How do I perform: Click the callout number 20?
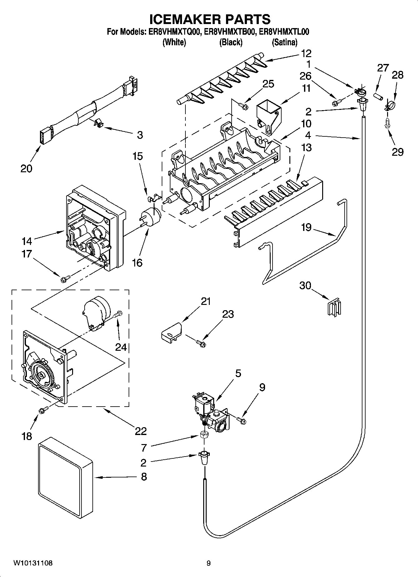click(26, 169)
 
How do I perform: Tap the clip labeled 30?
click(335, 308)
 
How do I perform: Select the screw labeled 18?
click(43, 411)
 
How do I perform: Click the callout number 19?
click(306, 227)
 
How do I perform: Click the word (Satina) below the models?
click(284, 42)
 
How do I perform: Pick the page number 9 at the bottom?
click(209, 563)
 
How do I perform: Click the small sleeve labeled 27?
click(378, 96)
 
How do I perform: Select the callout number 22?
click(141, 431)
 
